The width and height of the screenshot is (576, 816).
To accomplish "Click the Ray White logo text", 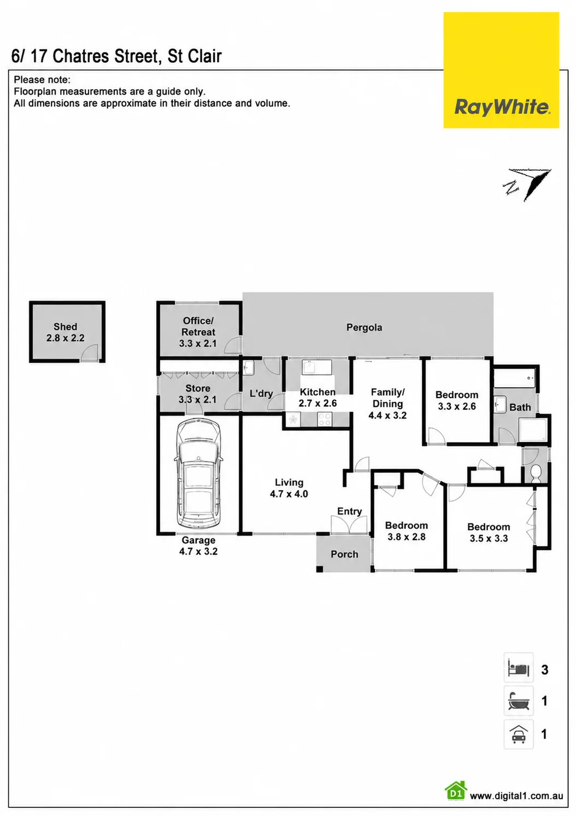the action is pyautogui.click(x=502, y=108).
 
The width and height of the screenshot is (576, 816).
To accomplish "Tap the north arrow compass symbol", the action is pyautogui.click(x=528, y=185).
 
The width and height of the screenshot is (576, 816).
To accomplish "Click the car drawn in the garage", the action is pyautogui.click(x=198, y=474).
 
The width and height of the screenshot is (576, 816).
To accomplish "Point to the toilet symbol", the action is pyautogui.click(x=536, y=473).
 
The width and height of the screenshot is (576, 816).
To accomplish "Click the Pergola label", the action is pyautogui.click(x=364, y=328).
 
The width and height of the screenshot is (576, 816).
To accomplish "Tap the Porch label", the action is pyautogui.click(x=344, y=555).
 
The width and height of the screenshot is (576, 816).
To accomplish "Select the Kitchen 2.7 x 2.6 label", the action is pyautogui.click(x=318, y=398).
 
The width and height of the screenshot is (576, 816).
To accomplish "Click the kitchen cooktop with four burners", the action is pyautogui.click(x=324, y=419).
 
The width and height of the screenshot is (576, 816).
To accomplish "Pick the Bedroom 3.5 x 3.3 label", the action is pyautogui.click(x=489, y=533).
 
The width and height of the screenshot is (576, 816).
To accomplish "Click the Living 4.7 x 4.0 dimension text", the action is pyautogui.click(x=289, y=494).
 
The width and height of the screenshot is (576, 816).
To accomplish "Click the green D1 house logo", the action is pyautogui.click(x=456, y=791).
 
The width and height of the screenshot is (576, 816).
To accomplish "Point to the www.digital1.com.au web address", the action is pyautogui.click(x=516, y=796).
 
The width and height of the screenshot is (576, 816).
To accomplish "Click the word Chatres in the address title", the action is pyautogui.click(x=81, y=56).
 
